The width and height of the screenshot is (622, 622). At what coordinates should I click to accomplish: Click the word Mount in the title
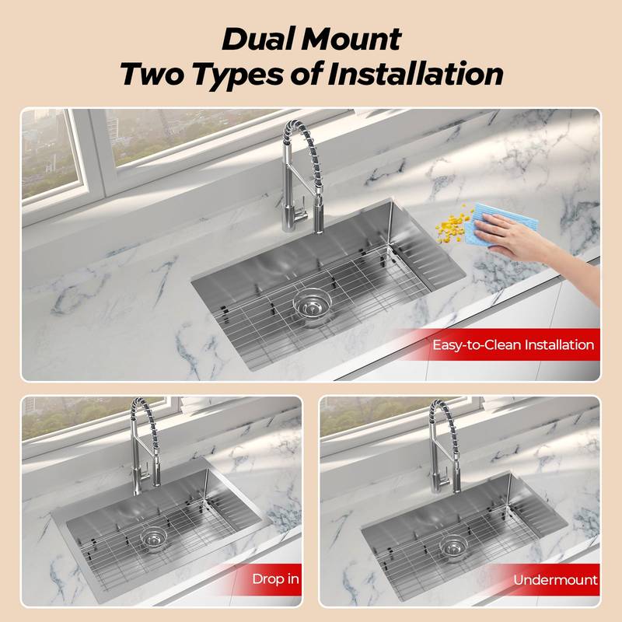354,38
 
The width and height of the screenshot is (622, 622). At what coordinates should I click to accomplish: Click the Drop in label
275,579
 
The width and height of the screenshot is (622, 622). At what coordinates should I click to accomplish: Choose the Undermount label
555,579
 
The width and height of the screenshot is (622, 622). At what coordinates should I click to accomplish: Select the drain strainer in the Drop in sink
152,539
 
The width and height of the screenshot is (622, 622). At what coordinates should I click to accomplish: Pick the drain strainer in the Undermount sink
452,546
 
